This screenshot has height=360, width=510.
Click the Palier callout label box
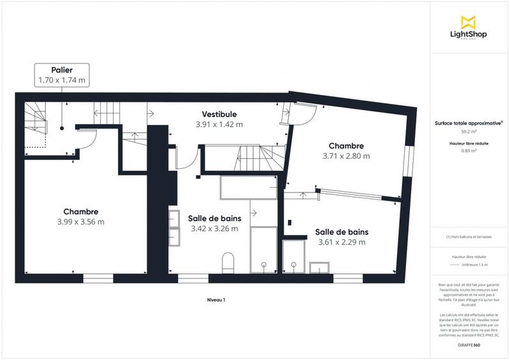click(62, 75)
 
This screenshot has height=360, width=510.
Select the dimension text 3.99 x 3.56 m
click(80, 222)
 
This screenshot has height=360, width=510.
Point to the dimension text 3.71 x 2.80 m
click(346, 155)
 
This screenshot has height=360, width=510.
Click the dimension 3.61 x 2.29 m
click(342, 242)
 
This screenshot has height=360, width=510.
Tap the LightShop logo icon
click(469, 22)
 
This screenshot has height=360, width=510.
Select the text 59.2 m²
click(469, 131)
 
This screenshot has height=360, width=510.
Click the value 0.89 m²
click(469, 151)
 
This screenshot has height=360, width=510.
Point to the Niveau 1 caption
click(216, 299)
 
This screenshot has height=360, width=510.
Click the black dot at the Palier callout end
click(62, 127)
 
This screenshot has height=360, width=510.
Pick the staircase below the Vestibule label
click(255, 156)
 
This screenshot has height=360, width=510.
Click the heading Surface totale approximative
click(469, 123)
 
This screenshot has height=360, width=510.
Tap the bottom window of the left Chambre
click(98, 278)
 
